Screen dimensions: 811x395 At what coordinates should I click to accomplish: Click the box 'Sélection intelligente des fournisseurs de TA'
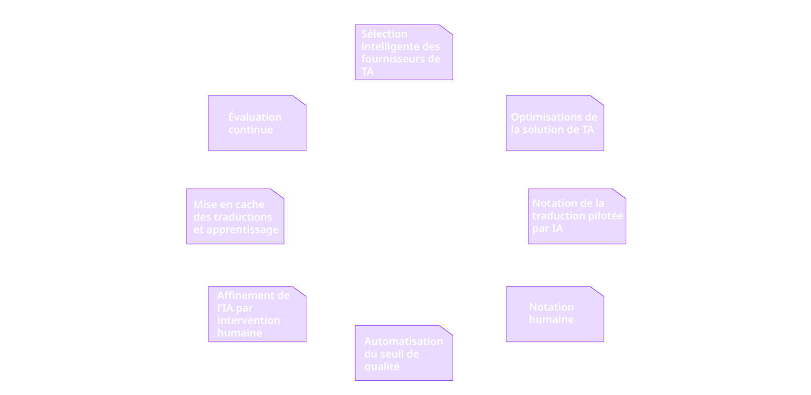[x=404, y=53]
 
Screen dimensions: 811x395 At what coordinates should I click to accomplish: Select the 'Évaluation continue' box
[x=257, y=123]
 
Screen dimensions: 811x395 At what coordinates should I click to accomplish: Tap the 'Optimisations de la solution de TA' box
[x=555, y=123]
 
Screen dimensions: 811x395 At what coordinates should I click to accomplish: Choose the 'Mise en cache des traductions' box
[x=235, y=216]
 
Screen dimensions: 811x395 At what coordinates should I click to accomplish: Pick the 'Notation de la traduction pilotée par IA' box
[x=577, y=216]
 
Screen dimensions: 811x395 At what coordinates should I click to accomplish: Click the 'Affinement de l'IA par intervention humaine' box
[x=257, y=314]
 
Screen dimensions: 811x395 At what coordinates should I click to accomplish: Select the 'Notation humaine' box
[x=555, y=314]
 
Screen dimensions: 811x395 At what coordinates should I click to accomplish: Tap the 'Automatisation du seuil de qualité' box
[x=404, y=353]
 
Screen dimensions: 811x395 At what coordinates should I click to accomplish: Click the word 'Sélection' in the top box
[x=385, y=34]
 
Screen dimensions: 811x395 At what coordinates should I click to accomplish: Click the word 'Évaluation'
[x=255, y=117]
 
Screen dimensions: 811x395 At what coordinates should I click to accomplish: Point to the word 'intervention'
[x=249, y=320]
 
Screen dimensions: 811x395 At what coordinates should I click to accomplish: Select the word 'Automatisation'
[x=404, y=341]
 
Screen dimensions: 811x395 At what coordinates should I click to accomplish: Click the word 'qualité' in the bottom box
[x=382, y=367]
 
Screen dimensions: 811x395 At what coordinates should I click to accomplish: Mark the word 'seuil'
[x=392, y=354]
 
